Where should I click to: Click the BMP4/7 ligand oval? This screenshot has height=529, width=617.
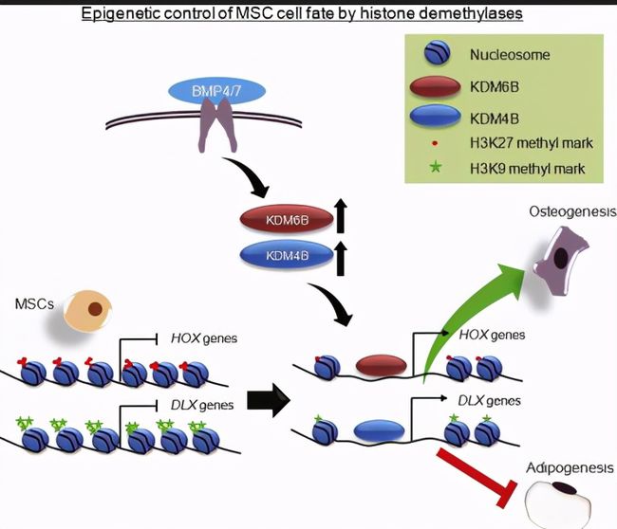coord(216,91)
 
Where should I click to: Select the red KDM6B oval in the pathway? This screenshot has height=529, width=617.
coord(287,219)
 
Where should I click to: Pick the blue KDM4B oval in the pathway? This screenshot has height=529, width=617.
coord(287,255)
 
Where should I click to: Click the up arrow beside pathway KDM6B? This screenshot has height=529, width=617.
coord(341,216)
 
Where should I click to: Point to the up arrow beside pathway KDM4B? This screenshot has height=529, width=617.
coord(341,258)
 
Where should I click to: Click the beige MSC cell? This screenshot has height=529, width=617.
coord(87,311)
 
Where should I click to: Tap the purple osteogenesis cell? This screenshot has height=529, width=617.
coord(561,260)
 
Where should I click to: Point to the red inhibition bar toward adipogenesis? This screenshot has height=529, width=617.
coord(477,477)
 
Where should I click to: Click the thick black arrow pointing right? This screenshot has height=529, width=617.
coord(269,400)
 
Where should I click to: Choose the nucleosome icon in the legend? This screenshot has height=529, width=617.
coord(437,53)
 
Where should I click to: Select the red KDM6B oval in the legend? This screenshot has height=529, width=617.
coord(435,86)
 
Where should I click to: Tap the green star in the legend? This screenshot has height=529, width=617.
coord(435,168)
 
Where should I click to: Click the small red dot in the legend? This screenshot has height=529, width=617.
coord(435,143)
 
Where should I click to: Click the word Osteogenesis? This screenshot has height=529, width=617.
coord(572,212)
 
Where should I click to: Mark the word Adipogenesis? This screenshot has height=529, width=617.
coord(570,468)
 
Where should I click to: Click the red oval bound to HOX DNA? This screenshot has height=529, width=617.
coord(381,365)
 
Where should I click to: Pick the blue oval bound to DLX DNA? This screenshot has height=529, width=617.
coord(379,430)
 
